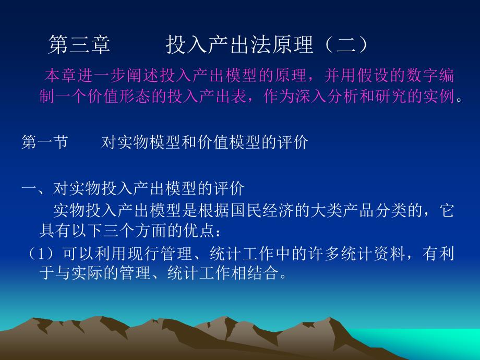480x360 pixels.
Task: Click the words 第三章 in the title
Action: click(x=79, y=45)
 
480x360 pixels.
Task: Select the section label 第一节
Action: click(x=45, y=142)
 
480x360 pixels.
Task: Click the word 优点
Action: click(x=191, y=230)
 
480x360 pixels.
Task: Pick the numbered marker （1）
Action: click(x=44, y=254)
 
